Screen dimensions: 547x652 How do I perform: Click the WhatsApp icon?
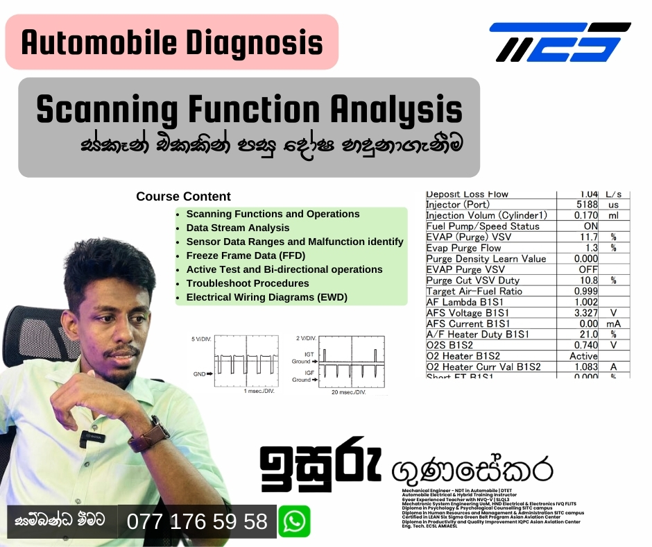294,521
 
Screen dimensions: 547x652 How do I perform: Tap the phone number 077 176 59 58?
197,521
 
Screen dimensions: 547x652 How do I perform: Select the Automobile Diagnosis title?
172,42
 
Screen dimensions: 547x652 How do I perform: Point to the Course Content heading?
183,196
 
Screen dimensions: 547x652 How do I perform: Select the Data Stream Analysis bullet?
237,228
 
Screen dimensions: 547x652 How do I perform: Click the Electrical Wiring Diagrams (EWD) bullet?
266,297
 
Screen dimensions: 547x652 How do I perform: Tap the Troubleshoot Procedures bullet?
247,283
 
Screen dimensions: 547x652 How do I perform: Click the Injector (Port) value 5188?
587,205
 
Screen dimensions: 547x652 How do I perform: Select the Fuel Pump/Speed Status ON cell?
590,226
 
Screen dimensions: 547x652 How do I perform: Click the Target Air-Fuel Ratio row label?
474,292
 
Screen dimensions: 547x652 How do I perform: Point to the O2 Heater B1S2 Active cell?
583,356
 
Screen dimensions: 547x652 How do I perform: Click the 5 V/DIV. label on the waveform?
200,339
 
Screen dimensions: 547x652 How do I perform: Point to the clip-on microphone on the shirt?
90,438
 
